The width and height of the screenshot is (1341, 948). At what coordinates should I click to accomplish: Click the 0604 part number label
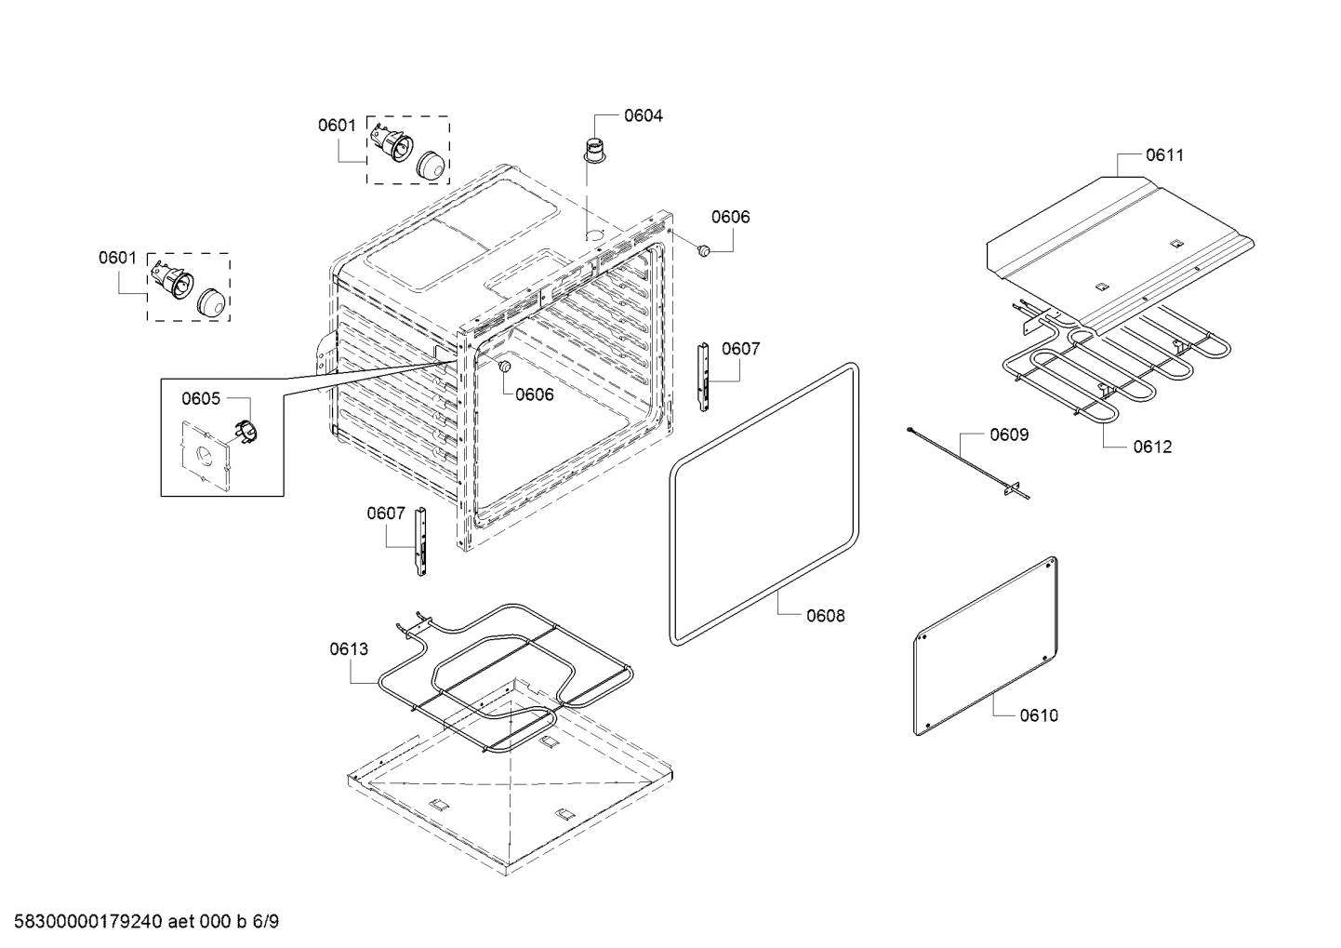[643, 115]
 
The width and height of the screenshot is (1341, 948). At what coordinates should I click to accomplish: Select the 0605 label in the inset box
[201, 398]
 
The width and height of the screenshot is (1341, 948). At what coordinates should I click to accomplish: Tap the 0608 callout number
[825, 615]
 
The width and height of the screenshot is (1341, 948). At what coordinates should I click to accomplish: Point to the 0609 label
[1009, 434]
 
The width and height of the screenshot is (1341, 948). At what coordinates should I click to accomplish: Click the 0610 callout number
[1039, 715]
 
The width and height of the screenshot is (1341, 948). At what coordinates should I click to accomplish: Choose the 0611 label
[1164, 155]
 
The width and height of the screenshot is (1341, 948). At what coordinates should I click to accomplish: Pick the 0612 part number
[1152, 447]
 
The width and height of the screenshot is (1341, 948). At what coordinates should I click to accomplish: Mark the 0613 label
[349, 649]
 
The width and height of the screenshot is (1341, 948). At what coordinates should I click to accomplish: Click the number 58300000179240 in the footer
[83, 922]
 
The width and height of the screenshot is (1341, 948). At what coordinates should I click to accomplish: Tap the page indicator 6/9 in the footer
[265, 922]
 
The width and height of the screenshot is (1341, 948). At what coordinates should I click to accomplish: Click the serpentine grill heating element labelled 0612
[1116, 372]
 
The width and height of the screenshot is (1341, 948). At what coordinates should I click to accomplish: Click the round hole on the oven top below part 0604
[593, 234]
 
